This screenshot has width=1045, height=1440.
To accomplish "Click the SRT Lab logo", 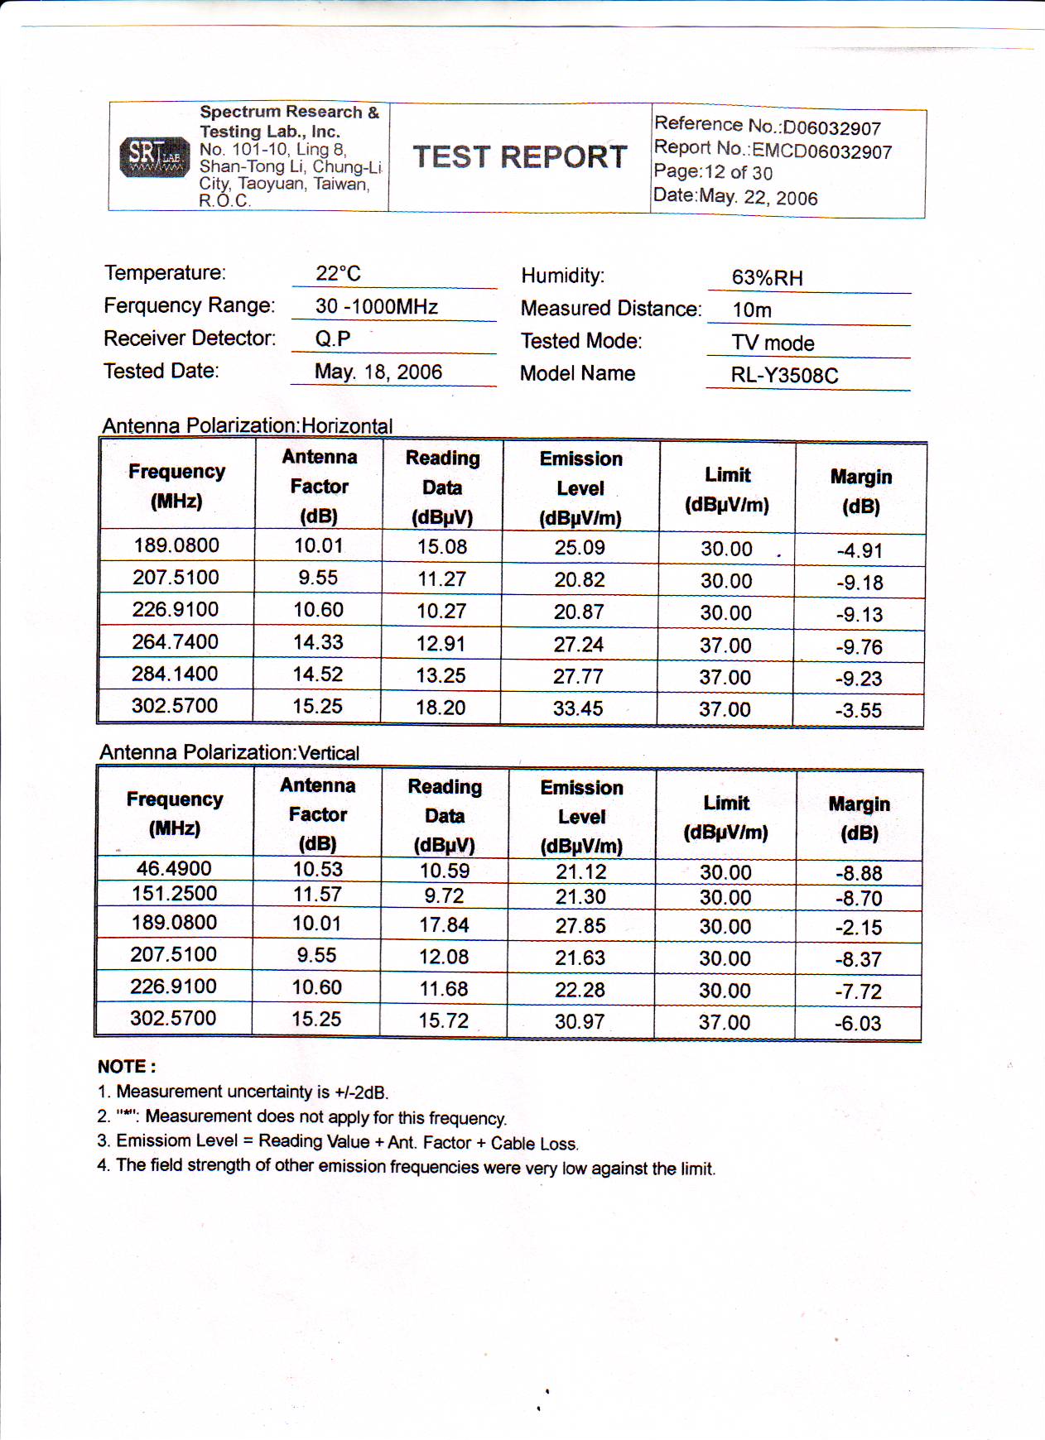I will [x=154, y=156].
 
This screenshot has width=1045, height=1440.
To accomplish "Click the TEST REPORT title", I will [x=520, y=157].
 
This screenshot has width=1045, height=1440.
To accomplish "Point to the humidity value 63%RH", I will [x=767, y=278].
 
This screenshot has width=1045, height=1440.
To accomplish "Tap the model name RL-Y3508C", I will [x=784, y=376].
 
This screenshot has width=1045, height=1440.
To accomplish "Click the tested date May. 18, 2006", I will [x=378, y=372].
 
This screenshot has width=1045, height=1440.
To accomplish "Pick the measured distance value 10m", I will [x=752, y=310].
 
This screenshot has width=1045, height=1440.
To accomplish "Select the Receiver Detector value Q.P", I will [x=333, y=338].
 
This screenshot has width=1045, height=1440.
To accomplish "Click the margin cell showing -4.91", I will [x=859, y=550].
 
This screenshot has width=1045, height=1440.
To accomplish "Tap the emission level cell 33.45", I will [x=578, y=708].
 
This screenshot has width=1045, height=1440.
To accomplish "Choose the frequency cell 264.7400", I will [x=175, y=641].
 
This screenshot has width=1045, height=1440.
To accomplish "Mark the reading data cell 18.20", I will [x=441, y=708].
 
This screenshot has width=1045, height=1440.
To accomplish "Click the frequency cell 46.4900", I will [x=174, y=868].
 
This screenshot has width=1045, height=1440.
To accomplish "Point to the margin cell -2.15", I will [x=858, y=928].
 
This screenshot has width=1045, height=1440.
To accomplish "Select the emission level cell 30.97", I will [x=580, y=1022].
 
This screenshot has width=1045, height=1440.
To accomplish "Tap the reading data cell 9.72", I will [x=444, y=895].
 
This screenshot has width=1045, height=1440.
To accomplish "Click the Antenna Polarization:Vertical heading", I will [x=229, y=752].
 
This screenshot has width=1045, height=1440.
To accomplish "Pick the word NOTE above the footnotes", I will [x=126, y=1067].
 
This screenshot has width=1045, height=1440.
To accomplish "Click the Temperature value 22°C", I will [x=338, y=273].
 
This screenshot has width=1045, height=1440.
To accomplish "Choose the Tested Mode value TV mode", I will [x=773, y=343].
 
